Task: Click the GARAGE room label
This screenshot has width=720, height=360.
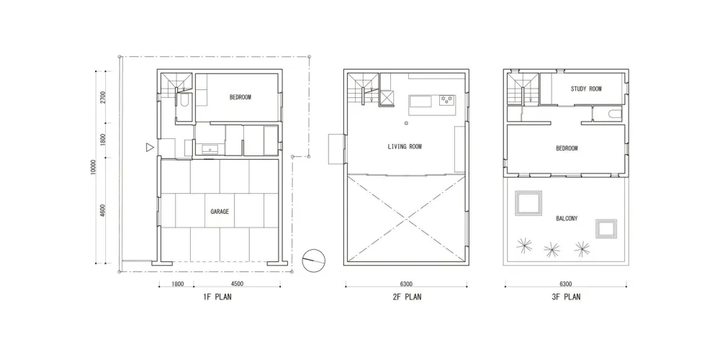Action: point(220,212)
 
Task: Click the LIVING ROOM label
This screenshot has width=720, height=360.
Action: point(405,147)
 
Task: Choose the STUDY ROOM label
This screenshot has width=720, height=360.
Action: point(585,89)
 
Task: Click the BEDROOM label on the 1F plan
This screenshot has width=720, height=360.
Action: point(240,97)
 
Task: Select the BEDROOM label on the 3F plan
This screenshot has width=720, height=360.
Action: point(567,148)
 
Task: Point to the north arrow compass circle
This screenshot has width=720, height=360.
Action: point(313,259)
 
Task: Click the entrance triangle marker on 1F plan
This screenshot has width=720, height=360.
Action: point(149,148)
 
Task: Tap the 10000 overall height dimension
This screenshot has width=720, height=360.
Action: point(94,167)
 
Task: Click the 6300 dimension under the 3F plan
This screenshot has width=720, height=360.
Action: point(565,284)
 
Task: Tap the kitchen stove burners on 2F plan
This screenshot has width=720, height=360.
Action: point(447,100)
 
